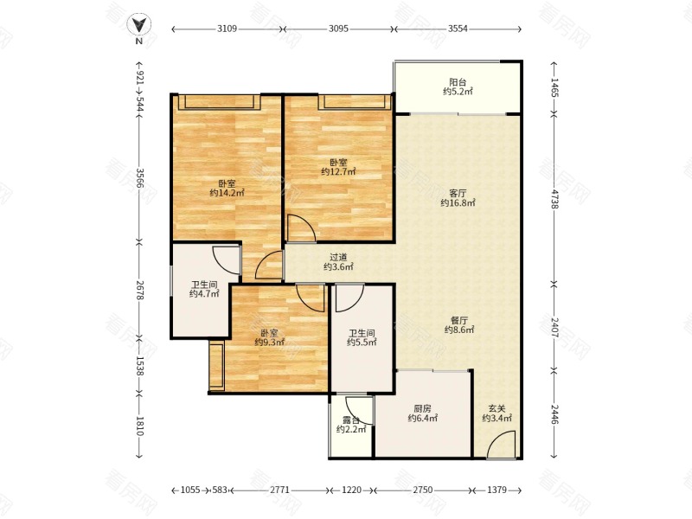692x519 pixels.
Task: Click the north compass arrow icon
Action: pos(139,25)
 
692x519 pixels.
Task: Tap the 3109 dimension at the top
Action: pos(227,29)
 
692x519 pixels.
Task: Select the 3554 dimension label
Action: pos(458,29)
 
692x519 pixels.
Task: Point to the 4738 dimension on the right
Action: pos(554,198)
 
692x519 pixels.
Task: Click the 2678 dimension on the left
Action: pos(139,291)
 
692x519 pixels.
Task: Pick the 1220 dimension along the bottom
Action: pos(352,490)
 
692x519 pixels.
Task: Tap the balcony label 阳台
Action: pos(458,82)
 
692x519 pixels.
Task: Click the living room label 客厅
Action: pos(458,193)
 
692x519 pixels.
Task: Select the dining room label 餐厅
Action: pos(459,320)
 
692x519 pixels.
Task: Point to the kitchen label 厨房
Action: pos(422,408)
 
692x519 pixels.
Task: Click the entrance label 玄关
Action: pos(497,408)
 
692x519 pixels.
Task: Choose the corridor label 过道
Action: pos(338,257)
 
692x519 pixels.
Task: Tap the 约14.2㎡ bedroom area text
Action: pos(227,193)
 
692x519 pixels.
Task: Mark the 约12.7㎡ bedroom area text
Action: pos(338,171)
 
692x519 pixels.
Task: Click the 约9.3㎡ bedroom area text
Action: pos(269,342)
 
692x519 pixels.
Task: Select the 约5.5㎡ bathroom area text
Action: pos(362,342)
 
